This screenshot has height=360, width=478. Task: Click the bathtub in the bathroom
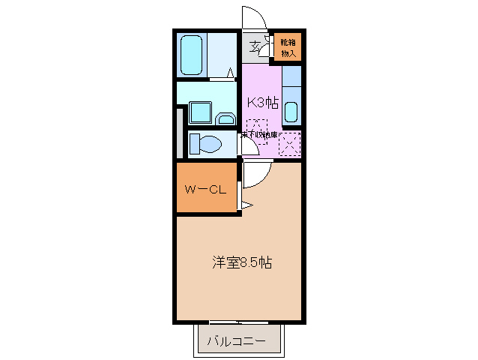pyautogui.click(x=193, y=55)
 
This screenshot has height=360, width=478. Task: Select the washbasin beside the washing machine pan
pyautogui.click(x=226, y=117)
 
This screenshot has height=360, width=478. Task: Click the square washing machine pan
pyautogui.click(x=199, y=113)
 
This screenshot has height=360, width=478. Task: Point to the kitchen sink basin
pyautogui.click(x=291, y=112)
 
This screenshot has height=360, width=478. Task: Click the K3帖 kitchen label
pyautogui.click(x=262, y=103)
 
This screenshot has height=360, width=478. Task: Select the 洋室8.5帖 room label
pyautogui.click(x=241, y=263)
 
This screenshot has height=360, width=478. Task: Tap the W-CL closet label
pyautogui.click(x=205, y=189)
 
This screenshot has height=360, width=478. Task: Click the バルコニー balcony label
pyautogui.click(x=236, y=340)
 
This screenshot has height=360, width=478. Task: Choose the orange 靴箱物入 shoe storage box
pyautogui.click(x=288, y=46)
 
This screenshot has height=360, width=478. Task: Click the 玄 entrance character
pyautogui.click(x=255, y=47)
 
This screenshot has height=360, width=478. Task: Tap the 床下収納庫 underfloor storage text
pyautogui.click(x=258, y=135)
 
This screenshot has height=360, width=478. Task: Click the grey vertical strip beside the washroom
pyautogui.click(x=180, y=133)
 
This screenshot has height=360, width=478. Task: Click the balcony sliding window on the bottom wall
pyautogui.click(x=240, y=322)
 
